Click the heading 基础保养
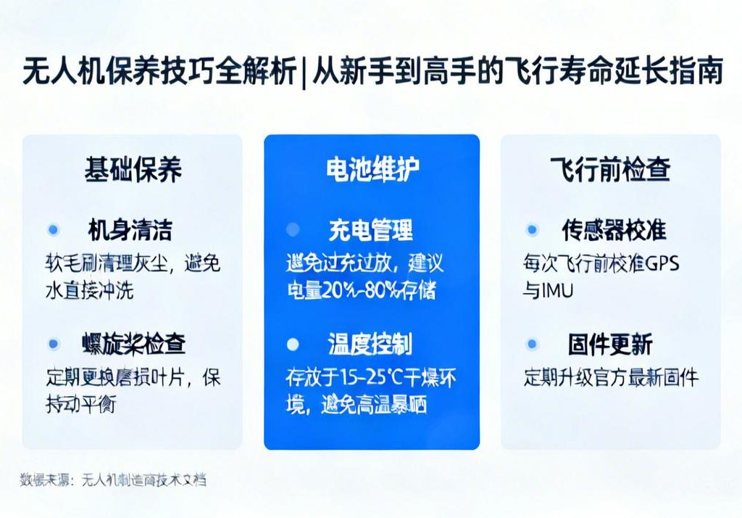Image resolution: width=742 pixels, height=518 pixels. coord(133,169)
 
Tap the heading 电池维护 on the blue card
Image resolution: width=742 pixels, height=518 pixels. coord(372,169)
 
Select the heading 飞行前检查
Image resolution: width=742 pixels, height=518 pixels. coord(610,169)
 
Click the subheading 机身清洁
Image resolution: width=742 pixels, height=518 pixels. coord(130,230)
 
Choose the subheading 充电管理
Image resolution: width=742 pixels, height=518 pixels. coord(370,230)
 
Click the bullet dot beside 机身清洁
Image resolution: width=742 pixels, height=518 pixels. coord(53,230)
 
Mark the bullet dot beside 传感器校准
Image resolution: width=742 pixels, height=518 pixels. coord(533,230)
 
